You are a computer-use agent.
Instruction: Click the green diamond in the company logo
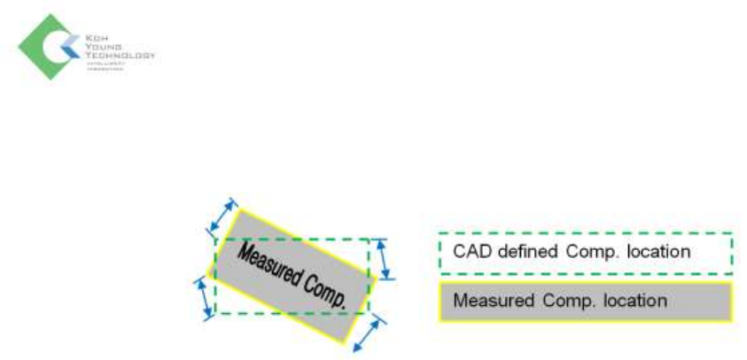pyautogui.click(x=37, y=47)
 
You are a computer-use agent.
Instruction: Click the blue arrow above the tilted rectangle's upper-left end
pyautogui.click(x=223, y=214)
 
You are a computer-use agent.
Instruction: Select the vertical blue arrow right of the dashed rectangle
pyautogui.click(x=384, y=258)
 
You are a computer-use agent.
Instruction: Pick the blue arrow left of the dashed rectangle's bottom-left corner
pyautogui.click(x=205, y=295)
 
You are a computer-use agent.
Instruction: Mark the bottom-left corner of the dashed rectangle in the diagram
pyautogui.click(x=216, y=313)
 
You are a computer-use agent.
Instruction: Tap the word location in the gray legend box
pyautogui.click(x=634, y=301)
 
